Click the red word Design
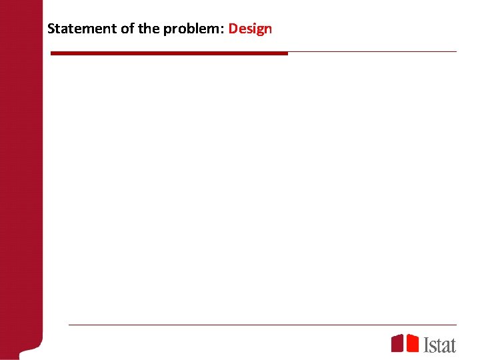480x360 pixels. click(250, 29)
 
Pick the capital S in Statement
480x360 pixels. click(51, 29)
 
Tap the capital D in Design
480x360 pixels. click(233, 29)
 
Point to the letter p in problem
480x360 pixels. click(167, 31)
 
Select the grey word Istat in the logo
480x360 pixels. click(440, 344)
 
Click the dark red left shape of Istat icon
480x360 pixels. click(397, 343)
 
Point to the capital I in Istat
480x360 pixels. click(427, 344)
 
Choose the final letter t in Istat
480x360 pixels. click(453, 345)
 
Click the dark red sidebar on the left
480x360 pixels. click(21, 180)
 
